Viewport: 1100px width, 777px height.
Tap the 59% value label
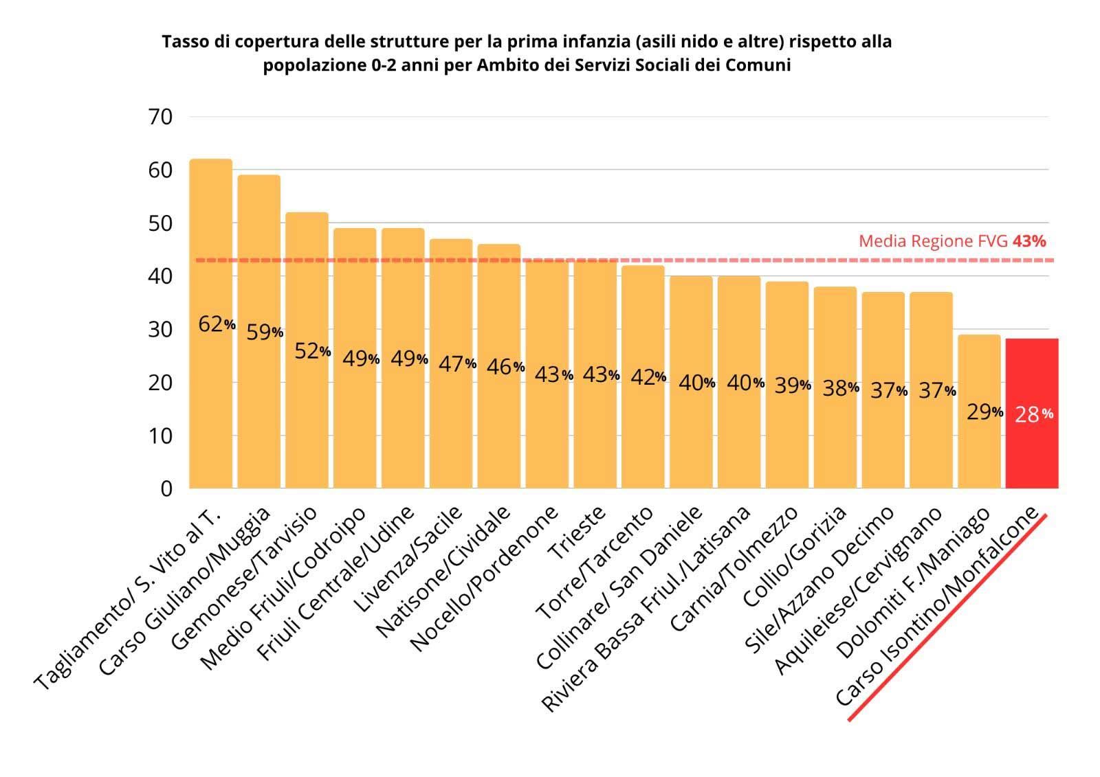pos(265,333)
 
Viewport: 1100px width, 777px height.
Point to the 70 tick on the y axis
pos(160,117)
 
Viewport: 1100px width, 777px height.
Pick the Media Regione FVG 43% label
pos(952,241)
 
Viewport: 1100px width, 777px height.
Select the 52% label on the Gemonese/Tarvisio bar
pos(313,351)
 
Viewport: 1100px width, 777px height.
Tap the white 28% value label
pos(1033,414)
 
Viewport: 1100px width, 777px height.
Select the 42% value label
pos(648,376)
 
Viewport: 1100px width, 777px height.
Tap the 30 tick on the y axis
pos(160,330)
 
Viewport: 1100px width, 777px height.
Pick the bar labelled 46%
pos(499,426)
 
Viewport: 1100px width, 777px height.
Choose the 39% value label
pos(792,385)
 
